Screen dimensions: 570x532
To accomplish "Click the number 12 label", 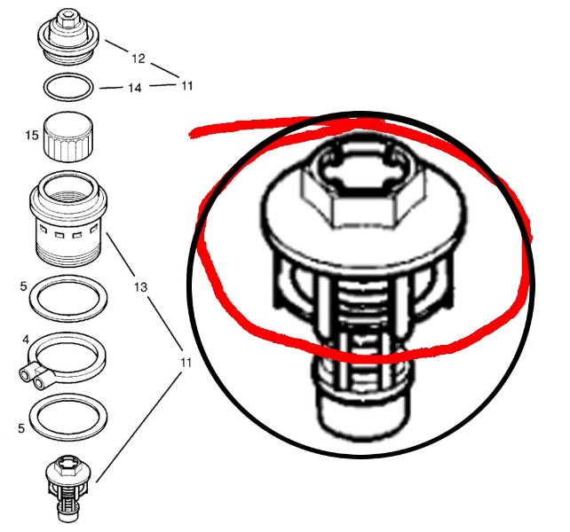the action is coord(139,59).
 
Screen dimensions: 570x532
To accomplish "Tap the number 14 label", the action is coord(134,88).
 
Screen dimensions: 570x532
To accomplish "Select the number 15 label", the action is coord(32,135).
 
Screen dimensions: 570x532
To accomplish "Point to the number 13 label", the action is coord(140,287).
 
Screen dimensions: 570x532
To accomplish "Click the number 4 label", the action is coord(26,340).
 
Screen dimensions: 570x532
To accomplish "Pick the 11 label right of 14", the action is coord(186,86).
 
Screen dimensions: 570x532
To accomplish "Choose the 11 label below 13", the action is coord(186,363).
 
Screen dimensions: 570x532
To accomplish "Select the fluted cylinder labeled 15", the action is coord(68,137).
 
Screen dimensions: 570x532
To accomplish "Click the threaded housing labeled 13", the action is coord(68,219).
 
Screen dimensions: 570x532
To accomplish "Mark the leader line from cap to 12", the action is coord(117,46).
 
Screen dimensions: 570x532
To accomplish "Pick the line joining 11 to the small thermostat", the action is coord(139,427).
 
